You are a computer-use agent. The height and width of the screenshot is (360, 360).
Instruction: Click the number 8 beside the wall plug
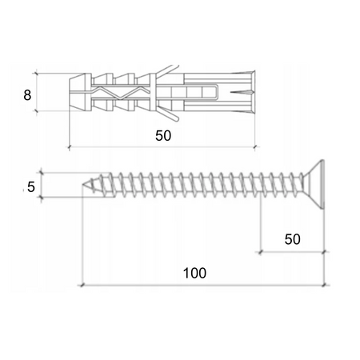(27, 94)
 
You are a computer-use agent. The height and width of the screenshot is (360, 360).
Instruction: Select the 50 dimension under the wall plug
(163, 136)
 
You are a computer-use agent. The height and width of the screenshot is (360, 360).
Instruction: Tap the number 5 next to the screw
(30, 187)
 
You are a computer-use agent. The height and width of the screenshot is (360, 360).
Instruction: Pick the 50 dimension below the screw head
(292, 238)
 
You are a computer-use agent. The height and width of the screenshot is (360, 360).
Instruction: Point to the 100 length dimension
(194, 272)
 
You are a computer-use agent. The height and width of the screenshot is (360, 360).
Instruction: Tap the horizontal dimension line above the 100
(200, 284)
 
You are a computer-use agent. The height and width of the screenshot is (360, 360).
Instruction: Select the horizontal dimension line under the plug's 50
(163, 147)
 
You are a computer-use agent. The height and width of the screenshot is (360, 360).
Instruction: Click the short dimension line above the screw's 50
(292, 252)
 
